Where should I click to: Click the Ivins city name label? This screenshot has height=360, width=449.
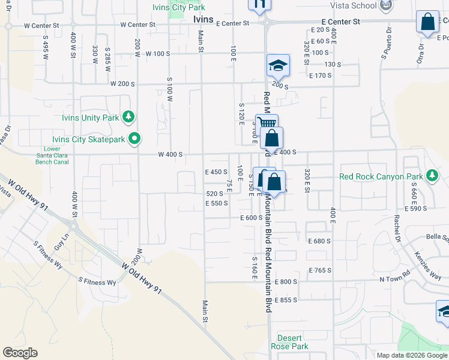205,19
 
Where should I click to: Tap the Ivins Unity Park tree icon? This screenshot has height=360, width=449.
127,116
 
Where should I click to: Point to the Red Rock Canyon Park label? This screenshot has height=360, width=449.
380,176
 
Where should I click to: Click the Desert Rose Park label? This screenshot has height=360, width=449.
290,341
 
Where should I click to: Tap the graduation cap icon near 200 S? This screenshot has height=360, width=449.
278,65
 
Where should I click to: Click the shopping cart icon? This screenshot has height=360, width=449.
266,124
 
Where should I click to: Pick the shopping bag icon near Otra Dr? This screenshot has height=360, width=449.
429,22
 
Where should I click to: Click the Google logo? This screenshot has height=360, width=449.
20,353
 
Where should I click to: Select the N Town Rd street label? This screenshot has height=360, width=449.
394,280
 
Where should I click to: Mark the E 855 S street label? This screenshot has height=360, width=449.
286,299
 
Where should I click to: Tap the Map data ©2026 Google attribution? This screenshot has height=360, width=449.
411,355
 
